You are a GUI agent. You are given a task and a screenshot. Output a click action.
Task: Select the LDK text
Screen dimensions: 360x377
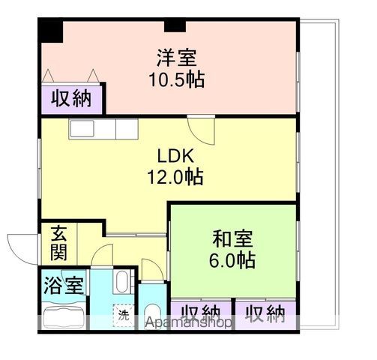[x=176, y=156]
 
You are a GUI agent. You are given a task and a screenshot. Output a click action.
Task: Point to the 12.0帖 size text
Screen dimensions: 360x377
[x=176, y=178]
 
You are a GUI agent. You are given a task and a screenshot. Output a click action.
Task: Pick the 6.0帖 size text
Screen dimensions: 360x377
[x=233, y=261]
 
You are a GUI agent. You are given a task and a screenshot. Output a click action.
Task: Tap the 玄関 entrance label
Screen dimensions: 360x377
[x=59, y=243]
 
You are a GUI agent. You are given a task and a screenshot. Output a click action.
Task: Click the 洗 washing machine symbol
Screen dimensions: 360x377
[x=122, y=314]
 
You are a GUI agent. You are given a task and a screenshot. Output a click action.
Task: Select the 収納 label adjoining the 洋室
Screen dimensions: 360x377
[x=72, y=97]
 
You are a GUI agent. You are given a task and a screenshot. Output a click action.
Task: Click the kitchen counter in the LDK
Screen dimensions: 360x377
[x=103, y=129]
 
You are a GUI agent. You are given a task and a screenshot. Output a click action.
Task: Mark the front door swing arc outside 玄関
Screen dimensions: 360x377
[x=21, y=247]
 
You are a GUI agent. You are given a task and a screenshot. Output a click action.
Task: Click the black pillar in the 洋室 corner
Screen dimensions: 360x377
[x=51, y=31]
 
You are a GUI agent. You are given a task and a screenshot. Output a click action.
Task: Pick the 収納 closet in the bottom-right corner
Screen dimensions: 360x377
[x=265, y=313]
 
